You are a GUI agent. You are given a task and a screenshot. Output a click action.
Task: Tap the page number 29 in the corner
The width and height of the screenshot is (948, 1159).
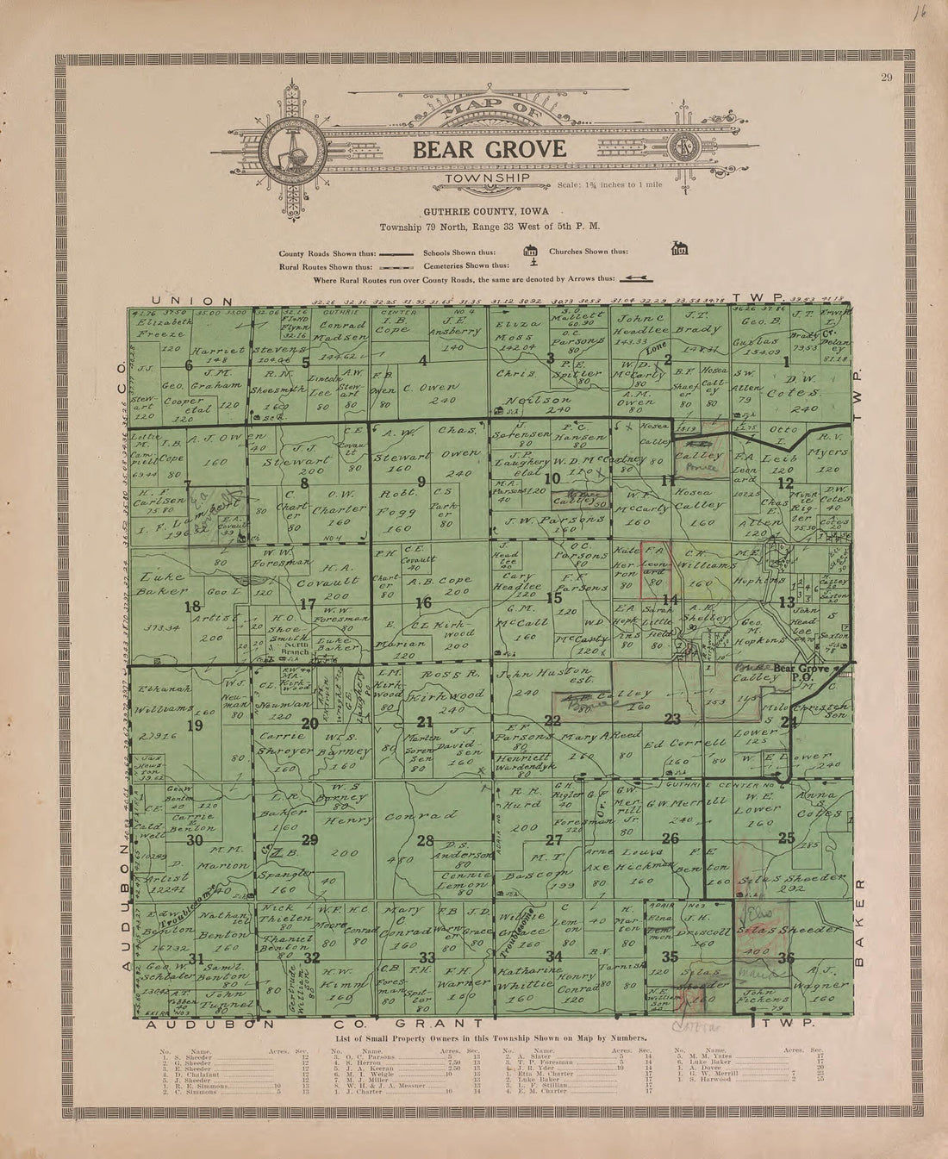[886, 80]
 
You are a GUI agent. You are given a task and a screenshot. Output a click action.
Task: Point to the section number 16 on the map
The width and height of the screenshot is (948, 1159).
[423, 602]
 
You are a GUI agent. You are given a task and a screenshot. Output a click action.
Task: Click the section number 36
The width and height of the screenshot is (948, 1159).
[785, 957]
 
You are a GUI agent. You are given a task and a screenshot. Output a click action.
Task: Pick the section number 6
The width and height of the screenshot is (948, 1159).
[176, 365]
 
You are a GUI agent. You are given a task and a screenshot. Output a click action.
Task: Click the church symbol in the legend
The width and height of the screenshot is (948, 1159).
[679, 250]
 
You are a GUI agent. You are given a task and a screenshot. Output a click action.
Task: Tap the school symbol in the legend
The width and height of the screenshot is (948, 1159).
[531, 252]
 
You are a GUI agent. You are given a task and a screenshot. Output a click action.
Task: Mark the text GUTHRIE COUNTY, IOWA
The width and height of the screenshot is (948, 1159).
[489, 212]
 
